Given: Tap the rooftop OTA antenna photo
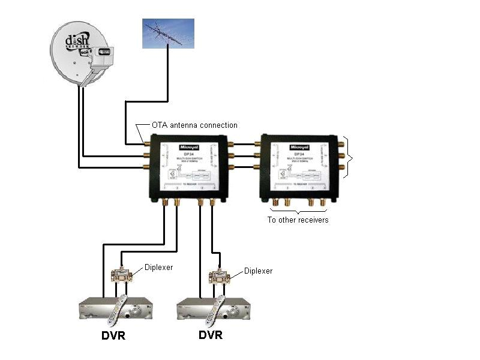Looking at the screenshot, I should (168, 33).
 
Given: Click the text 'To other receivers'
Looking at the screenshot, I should (298, 220).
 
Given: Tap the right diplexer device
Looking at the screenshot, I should (220, 275).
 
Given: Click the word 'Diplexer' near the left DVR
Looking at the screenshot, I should (159, 267).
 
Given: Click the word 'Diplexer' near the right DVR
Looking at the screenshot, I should (258, 271).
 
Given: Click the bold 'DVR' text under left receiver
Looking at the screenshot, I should (113, 335).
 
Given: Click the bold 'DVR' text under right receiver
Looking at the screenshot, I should (210, 335).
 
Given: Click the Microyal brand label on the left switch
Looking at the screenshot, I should (188, 146).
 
